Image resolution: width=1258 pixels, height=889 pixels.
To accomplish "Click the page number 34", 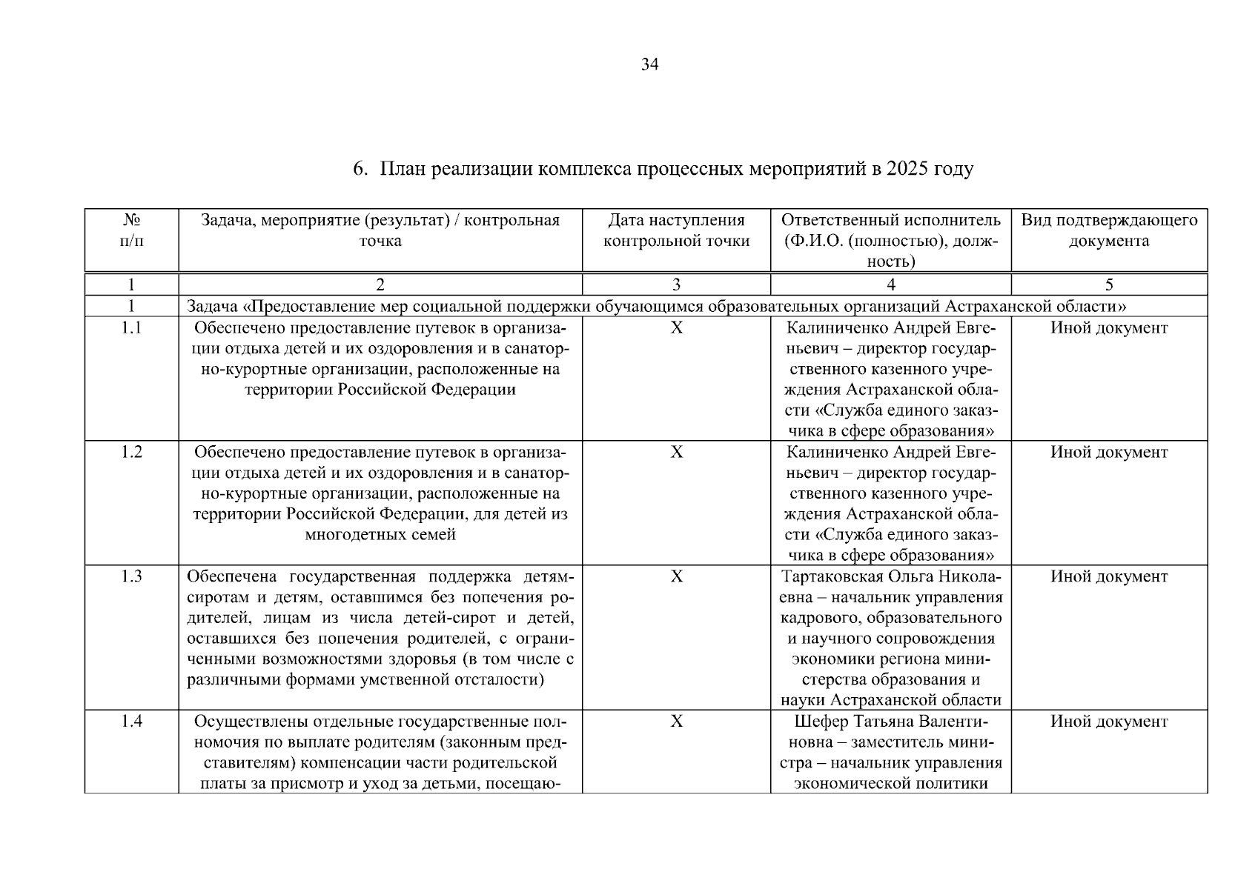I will pos(649,65).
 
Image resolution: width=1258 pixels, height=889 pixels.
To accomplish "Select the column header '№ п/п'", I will pos(131,230).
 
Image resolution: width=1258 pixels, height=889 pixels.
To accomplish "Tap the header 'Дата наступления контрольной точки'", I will pos(676,230).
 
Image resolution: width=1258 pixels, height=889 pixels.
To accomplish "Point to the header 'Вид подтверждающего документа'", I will pos(1109,230).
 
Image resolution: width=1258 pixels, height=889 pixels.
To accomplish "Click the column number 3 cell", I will pos(676,284).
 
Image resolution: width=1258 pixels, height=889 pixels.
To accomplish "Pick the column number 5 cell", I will pos(1109,284).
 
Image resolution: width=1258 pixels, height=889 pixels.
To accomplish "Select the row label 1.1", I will pos(131,328).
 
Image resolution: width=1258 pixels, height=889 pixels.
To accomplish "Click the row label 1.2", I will pos(131,453).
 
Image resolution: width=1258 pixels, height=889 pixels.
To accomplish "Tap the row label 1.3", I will pos(131,577).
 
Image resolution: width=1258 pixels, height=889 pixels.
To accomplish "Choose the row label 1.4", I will pos(131,722).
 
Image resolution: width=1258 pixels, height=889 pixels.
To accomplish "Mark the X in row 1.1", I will pos(676,328).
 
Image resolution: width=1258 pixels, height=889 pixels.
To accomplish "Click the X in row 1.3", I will pos(676,577).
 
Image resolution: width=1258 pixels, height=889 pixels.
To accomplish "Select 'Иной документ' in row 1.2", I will pos(1109,453).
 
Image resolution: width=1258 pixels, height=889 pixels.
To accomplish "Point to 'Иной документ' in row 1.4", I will pos(1109,722).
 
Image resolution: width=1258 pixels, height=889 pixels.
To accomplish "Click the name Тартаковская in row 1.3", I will pos(830,577).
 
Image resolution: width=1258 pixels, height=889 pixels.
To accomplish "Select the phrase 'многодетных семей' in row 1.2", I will pos(380,535).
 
